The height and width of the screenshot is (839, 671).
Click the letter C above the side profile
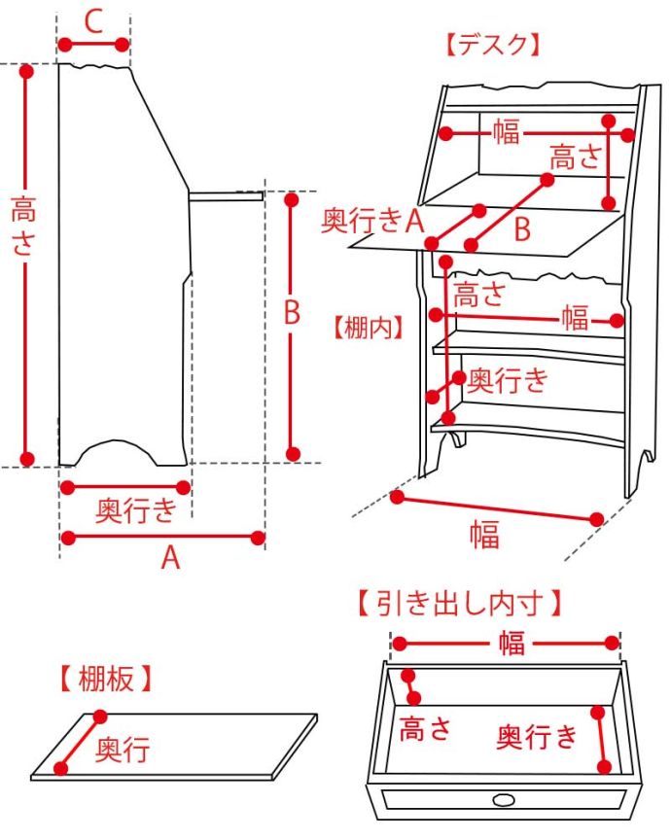[x=93, y=21]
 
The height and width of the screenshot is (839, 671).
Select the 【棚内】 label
[x=368, y=327]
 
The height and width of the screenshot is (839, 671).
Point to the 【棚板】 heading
[x=105, y=679]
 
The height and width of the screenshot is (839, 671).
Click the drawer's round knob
[x=505, y=799]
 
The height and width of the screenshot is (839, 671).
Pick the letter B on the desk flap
[x=522, y=230]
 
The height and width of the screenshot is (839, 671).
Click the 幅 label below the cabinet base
[x=484, y=534]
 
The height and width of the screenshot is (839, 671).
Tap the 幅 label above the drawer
[x=512, y=643]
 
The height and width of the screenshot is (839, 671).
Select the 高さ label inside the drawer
[x=426, y=727]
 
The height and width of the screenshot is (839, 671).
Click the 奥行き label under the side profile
[x=136, y=508]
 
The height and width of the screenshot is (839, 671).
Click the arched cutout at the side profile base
[x=118, y=453]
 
